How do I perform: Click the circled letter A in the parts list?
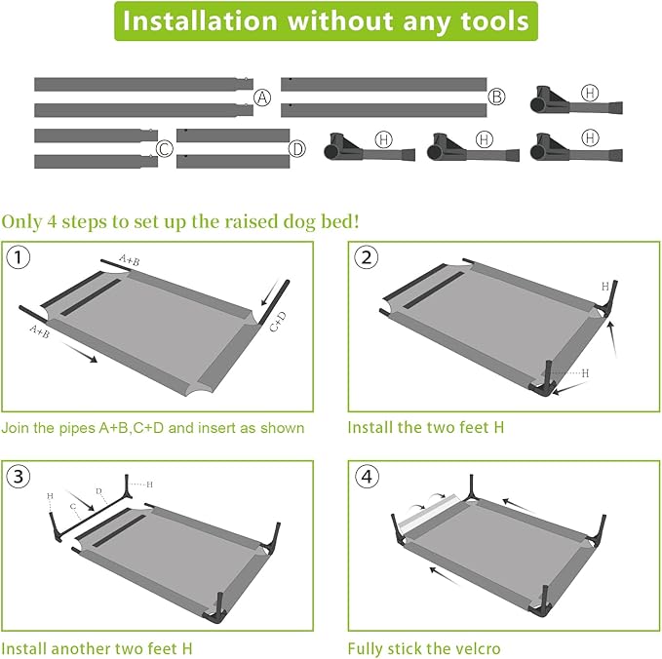pyautogui.click(x=262, y=97)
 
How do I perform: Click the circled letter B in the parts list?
pyautogui.click(x=496, y=97)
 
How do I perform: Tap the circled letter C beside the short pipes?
pyautogui.click(x=165, y=148)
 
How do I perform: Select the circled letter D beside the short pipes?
pyautogui.click(x=297, y=148)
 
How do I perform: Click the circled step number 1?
pyautogui.click(x=19, y=257)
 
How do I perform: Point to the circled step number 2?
pyautogui.click(x=366, y=257)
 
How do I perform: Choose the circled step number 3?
pyautogui.click(x=19, y=477)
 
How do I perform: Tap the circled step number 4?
pyautogui.click(x=366, y=477)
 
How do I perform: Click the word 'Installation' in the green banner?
pyautogui.click(x=200, y=21)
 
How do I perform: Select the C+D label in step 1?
pyautogui.click(x=278, y=322)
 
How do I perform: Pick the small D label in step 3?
pyautogui.click(x=98, y=491)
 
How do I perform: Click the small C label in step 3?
pyautogui.click(x=73, y=507)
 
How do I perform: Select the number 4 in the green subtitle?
pyautogui.click(x=52, y=221)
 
